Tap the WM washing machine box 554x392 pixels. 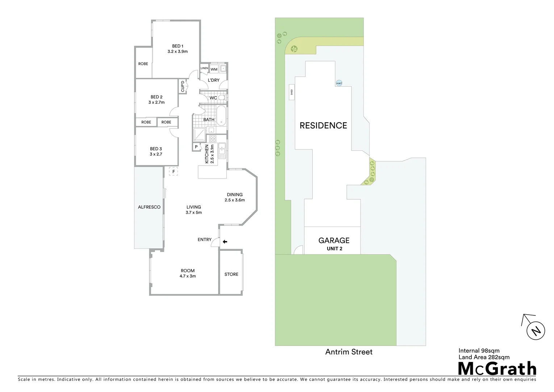click(214, 69)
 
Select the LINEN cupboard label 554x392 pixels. click(204, 68)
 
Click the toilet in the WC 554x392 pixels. click(222, 98)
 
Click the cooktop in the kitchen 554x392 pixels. click(213, 138)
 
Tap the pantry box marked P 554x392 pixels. click(196, 147)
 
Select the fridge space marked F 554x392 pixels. click(174, 171)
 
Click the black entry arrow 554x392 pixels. click(225, 241)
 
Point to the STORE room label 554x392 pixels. click(231, 274)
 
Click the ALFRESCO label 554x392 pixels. click(149, 207)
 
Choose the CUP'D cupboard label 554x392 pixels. click(183, 86)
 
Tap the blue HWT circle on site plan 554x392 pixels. click(339, 83)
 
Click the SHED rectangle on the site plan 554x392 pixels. click(291, 93)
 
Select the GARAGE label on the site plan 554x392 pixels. click(334, 240)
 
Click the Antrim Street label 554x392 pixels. click(349, 352)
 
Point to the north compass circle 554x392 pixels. click(536, 331)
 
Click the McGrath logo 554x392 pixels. click(497, 368)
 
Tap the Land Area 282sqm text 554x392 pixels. click(484, 357)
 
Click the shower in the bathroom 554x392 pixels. click(199, 134)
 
